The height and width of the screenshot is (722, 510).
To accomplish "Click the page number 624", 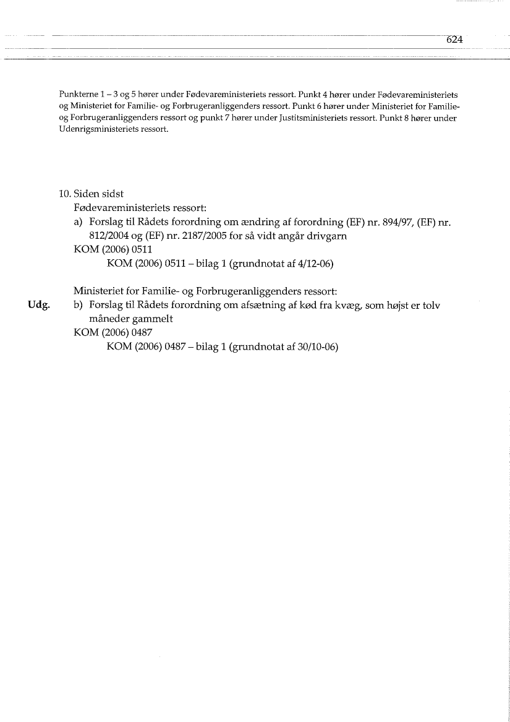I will pyautogui.click(x=454, y=39).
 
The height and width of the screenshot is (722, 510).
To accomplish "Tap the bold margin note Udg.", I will pyautogui.click(x=38, y=304).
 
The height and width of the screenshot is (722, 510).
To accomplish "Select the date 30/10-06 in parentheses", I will pyautogui.click(x=318, y=348).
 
